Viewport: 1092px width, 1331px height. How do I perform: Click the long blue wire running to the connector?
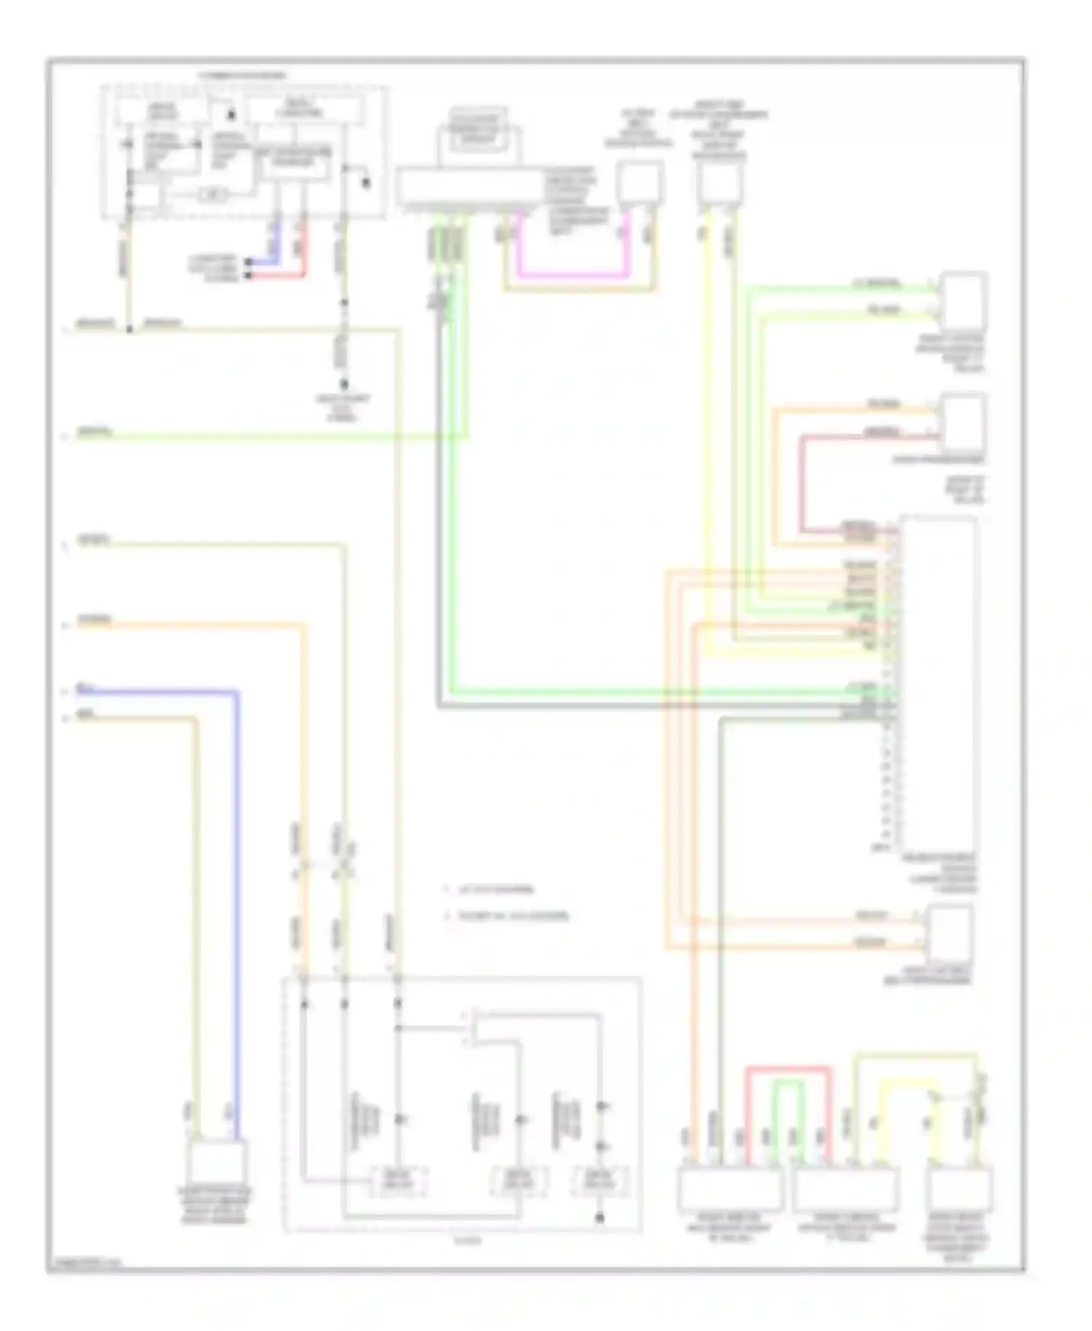[x=236, y=874]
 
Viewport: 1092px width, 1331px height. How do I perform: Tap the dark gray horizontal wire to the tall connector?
[x=655, y=706]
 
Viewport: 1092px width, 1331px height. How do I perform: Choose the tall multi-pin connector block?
[x=938, y=684]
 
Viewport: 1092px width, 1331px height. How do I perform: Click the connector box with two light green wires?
[x=963, y=301]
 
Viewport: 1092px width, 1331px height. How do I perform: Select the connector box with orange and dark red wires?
[x=963, y=422]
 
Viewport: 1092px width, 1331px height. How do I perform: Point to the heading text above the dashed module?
[x=243, y=76]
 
